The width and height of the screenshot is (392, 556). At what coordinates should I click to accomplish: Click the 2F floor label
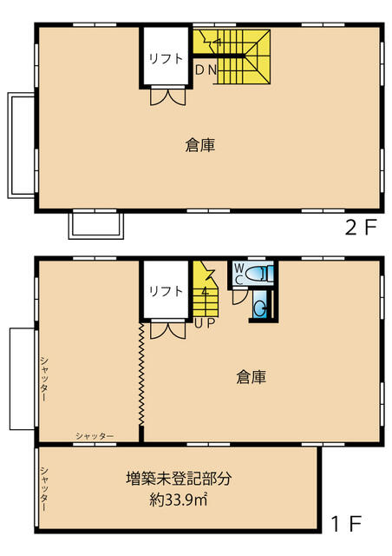[360, 228]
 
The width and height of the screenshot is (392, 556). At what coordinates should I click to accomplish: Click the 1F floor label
[346, 524]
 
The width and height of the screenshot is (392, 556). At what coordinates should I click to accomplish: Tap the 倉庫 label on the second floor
[200, 145]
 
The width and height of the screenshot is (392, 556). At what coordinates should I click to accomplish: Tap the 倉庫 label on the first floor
[251, 377]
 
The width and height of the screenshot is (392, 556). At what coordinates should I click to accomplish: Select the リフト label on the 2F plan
[166, 58]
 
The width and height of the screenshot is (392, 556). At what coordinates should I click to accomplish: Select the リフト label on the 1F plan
[166, 291]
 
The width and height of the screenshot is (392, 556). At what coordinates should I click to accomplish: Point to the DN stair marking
[206, 70]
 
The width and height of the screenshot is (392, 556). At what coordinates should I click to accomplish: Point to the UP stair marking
[205, 323]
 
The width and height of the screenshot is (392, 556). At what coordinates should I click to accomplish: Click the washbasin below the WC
[261, 308]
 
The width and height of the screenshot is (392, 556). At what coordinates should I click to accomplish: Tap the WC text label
[239, 274]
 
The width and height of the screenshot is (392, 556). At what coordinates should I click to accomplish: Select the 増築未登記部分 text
[179, 479]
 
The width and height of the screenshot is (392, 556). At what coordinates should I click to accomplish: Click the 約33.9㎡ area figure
[178, 500]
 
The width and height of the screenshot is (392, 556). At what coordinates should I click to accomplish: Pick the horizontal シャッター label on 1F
[95, 436]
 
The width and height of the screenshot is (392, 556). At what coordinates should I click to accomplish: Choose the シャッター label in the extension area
[44, 489]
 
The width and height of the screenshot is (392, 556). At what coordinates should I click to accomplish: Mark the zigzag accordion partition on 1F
[141, 374]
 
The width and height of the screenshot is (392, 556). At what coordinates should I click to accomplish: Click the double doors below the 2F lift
[168, 95]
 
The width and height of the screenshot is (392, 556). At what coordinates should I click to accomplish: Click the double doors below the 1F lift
[168, 328]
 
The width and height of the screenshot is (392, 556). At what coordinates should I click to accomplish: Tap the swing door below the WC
[239, 297]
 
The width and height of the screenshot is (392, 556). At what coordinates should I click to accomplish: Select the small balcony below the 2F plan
[96, 226]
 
